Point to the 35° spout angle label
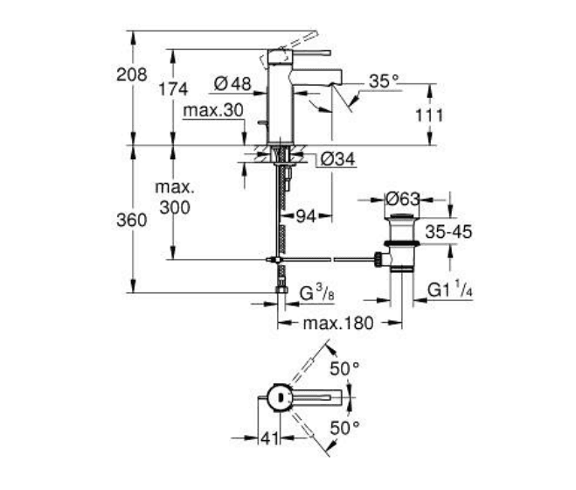[x=383, y=80]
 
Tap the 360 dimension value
[x=131, y=220]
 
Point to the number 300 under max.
[x=175, y=207]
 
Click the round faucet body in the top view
[x=278, y=397]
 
